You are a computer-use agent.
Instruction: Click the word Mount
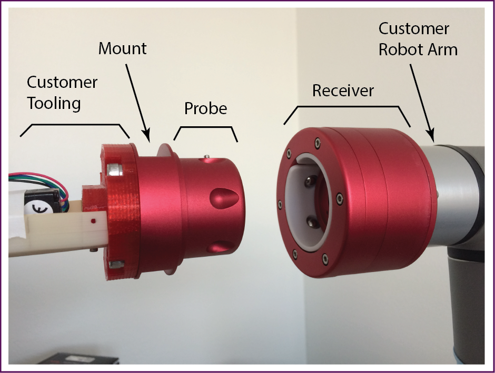(122, 49)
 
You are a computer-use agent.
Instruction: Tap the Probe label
(205, 109)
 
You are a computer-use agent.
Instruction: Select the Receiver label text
(343, 90)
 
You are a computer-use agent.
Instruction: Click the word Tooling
(54, 103)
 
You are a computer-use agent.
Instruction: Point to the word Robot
(403, 49)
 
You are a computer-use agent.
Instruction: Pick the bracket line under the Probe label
(205, 128)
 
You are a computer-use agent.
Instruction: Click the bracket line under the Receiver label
(347, 106)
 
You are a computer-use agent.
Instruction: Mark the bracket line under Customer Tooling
(74, 125)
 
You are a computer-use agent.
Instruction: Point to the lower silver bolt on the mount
(116, 263)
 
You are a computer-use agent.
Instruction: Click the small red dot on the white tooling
(93, 221)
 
